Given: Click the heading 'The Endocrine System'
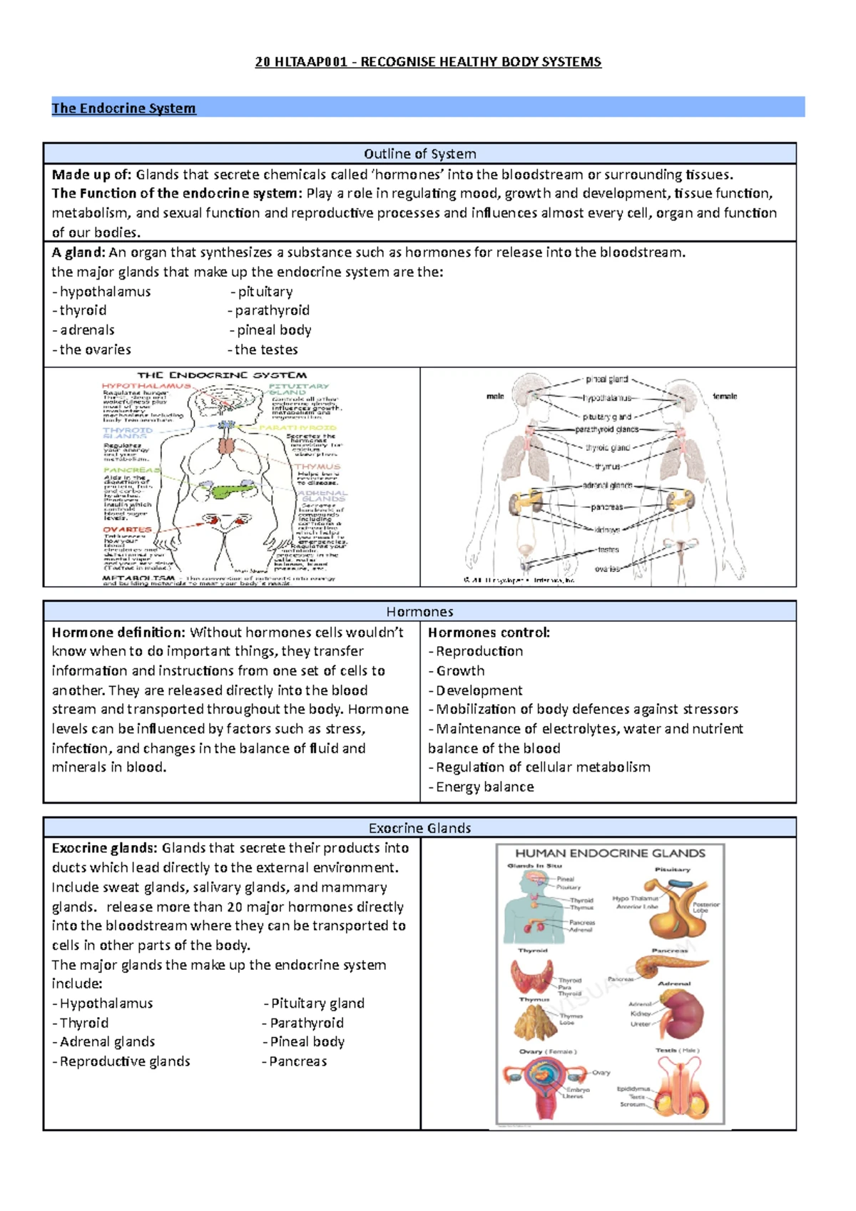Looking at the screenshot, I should tap(123, 108).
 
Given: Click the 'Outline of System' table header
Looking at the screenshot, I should tap(419, 153).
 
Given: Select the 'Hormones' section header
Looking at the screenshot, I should tap(419, 612).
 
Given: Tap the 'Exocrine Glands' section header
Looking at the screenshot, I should tap(419, 828).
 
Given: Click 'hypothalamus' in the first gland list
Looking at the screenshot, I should tap(105, 292).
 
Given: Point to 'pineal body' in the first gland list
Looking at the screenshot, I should tap(274, 330).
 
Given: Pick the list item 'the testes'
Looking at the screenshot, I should tap(266, 349).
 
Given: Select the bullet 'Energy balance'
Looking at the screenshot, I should tap(484, 787).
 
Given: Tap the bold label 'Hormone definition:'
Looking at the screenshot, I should tap(118, 633).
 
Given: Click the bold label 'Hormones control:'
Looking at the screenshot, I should tap(489, 633).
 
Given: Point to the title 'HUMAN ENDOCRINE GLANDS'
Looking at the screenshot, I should tap(610, 854).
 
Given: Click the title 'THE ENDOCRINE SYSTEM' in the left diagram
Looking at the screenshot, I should tap(222, 375).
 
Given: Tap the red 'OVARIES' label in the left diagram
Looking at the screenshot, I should tap(128, 530).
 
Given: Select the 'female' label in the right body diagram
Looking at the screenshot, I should tap(725, 397).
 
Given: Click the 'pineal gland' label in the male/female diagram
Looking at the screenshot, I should tap(606, 379).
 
